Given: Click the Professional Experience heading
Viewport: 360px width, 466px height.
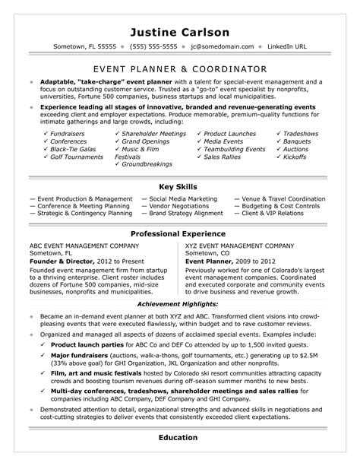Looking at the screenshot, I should tap(179, 233).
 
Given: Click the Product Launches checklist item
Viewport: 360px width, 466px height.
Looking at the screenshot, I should tap(232, 113).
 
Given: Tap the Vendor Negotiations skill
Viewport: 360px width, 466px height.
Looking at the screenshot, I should tap(154, 207).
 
